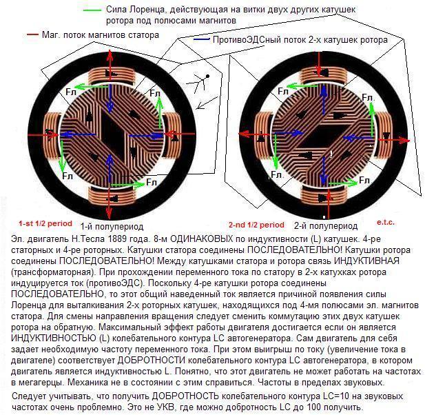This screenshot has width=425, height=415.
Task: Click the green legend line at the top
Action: (92, 10)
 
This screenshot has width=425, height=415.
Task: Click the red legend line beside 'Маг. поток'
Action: (33, 34)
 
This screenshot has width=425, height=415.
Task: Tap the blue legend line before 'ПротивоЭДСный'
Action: (202, 39)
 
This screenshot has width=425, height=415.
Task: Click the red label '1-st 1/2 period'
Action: (45, 223)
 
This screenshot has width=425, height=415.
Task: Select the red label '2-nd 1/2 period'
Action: (256, 225)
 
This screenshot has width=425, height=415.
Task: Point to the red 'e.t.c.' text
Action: (386, 223)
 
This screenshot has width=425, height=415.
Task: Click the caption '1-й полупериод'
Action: (112, 226)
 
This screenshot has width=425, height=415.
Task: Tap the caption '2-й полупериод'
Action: (326, 225)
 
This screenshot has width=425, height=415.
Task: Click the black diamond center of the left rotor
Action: (113, 135)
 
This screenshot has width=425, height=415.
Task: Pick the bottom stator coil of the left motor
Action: (111, 196)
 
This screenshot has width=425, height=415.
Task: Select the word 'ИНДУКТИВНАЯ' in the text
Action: (366, 261)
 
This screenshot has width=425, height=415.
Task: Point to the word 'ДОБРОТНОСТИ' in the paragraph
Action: (152, 361)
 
